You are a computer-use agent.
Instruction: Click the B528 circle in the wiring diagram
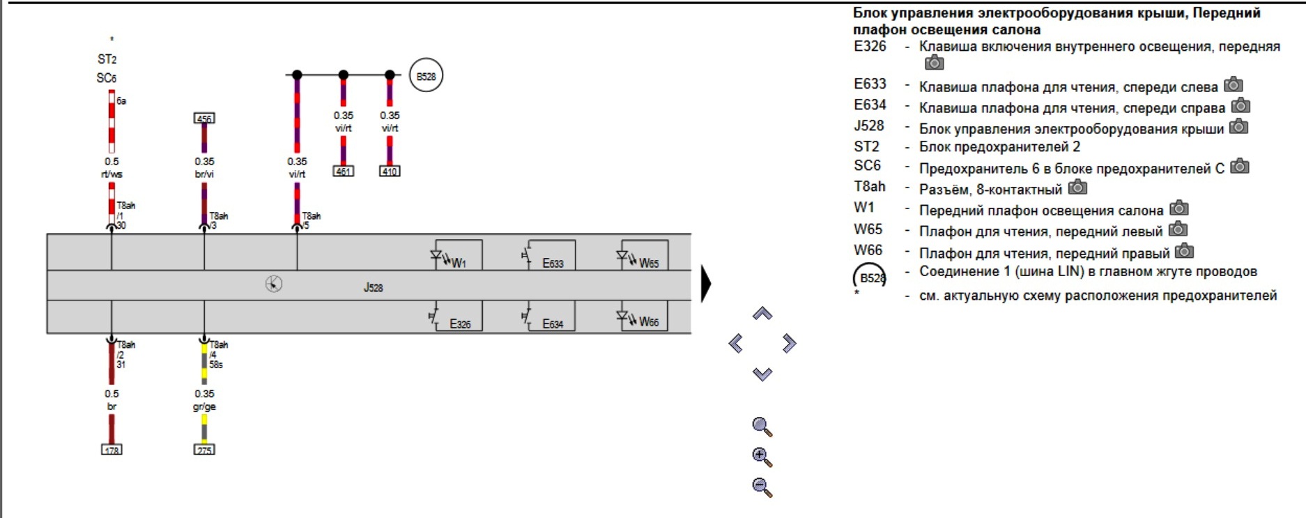pos(426,76)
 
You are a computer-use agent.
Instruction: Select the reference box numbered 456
pos(204,119)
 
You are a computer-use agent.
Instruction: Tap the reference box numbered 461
pos(344,171)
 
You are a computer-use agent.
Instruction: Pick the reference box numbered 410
pos(390,171)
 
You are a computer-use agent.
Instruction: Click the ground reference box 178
pos(112,450)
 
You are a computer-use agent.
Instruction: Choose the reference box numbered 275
pos(204,450)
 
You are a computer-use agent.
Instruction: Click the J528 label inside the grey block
pos(373,287)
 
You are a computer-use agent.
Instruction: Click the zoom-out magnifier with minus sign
pos(762,487)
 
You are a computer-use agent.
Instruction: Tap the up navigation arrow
pos(762,314)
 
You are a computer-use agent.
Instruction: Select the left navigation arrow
pos(736,343)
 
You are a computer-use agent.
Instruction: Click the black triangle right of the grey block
pos(706,284)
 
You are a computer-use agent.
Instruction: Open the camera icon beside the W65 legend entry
pos(1178,229)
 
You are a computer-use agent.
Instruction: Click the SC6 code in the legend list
pos(868,166)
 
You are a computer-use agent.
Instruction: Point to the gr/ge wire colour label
pos(204,406)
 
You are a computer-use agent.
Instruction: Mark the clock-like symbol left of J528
pos(274,284)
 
